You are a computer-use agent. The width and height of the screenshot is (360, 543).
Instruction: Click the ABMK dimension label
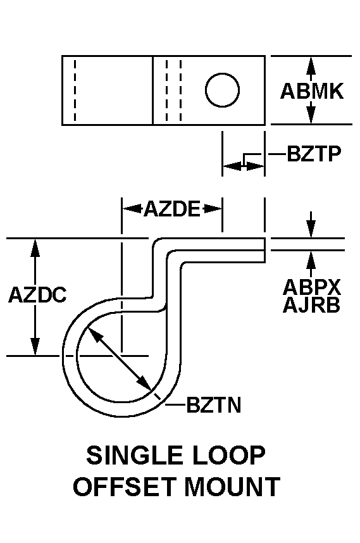point(311,91)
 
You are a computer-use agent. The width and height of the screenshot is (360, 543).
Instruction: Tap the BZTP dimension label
point(314,154)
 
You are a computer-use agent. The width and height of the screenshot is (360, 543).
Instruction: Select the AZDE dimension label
point(171,208)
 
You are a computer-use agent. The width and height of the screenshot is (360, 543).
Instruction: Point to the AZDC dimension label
point(37,296)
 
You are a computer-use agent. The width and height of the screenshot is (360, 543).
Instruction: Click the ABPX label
point(311,287)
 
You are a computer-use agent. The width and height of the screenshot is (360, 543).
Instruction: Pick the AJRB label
point(311,306)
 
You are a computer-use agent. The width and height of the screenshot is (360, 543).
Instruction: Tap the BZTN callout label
point(214,405)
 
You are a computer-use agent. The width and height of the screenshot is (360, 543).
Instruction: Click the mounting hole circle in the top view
point(222,90)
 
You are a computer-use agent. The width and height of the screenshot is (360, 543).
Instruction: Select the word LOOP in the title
point(232,456)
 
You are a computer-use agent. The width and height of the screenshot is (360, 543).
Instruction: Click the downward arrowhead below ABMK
point(311,116)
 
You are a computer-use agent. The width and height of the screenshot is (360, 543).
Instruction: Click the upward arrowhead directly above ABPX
point(311,258)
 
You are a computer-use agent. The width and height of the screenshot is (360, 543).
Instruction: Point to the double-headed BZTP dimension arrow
point(243,166)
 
